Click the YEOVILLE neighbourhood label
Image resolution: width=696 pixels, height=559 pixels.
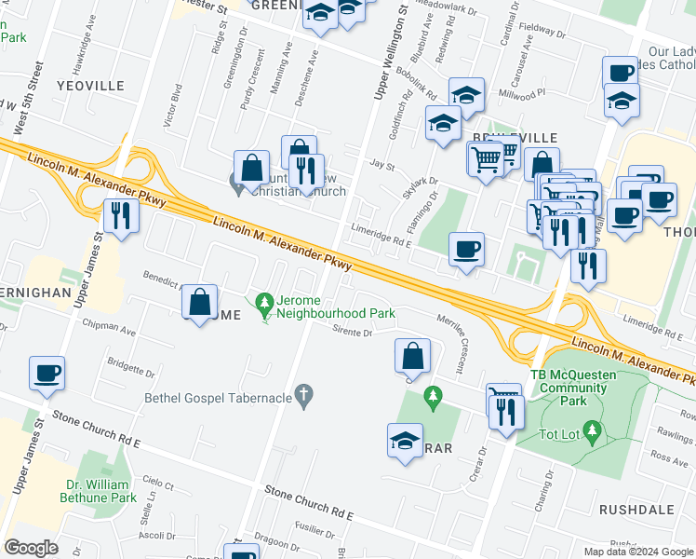(x=90, y=86)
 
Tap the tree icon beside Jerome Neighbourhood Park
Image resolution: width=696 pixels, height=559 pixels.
(x=265, y=302)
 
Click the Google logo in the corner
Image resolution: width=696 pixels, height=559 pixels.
(x=32, y=548)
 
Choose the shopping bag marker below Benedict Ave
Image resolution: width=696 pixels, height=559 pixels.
(x=199, y=302)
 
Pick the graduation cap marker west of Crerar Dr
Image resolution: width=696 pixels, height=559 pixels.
(x=406, y=440)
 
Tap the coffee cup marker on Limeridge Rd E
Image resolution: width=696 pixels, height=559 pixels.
(x=466, y=250)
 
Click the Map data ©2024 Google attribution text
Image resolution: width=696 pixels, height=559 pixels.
(x=637, y=552)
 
